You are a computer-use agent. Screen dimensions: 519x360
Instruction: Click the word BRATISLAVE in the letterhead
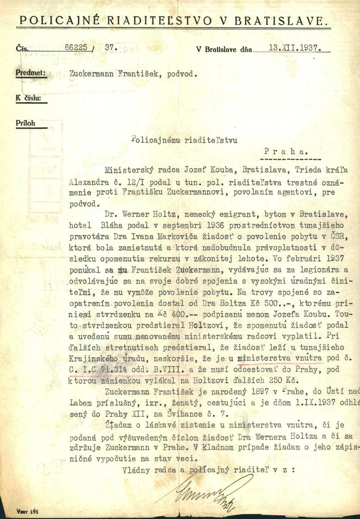point(290,20)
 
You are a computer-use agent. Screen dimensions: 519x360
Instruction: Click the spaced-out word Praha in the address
point(285,152)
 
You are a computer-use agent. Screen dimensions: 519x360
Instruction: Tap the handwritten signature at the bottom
point(202,493)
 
